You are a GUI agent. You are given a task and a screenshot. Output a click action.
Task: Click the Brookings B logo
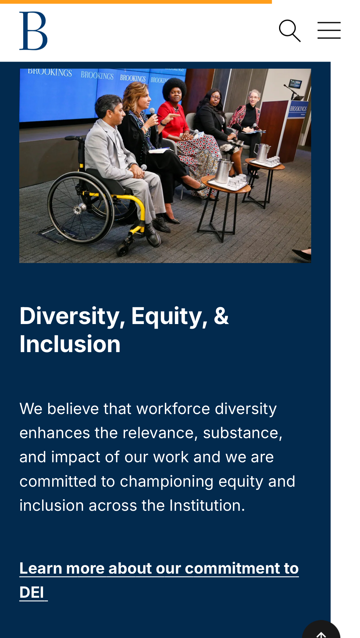point(33,31)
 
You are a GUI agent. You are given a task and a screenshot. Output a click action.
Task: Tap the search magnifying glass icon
point(290,31)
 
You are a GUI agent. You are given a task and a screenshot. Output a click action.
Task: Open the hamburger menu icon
point(329,31)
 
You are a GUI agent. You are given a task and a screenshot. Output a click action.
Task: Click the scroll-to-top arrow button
point(321,632)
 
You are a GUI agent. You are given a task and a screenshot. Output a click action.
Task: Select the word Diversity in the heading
point(70,316)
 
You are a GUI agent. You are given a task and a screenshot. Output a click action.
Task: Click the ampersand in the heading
point(221,315)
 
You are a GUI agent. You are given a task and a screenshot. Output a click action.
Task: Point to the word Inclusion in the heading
point(70,344)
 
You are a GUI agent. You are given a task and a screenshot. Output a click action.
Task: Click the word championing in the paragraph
point(167,482)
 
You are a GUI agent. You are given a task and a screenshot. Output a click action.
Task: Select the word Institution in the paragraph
point(207,505)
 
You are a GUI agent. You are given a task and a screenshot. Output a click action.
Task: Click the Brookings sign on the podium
point(298,109)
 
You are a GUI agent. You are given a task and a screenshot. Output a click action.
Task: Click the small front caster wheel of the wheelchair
point(123,249)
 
